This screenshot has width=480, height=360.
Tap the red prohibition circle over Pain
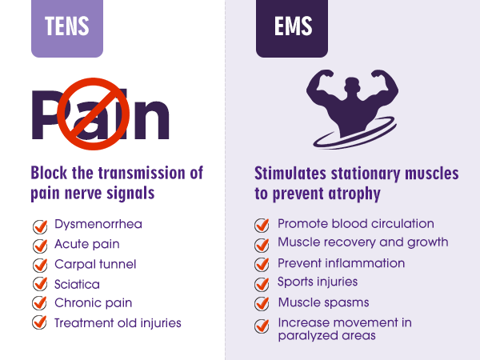tap(97, 114)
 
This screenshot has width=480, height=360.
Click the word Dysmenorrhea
tap(98, 224)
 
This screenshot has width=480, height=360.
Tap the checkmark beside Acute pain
tap(39, 245)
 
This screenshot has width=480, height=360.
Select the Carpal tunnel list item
tap(94, 264)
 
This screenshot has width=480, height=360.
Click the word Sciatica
tap(77, 283)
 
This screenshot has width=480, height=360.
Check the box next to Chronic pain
tap(39, 304)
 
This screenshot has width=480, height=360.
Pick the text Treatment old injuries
tap(118, 323)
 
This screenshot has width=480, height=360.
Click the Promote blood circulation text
tap(355, 224)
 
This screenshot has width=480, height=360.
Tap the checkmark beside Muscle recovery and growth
tap(262, 244)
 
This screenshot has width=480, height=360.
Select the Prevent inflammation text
tap(341, 263)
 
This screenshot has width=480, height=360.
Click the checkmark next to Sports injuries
tap(262, 284)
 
